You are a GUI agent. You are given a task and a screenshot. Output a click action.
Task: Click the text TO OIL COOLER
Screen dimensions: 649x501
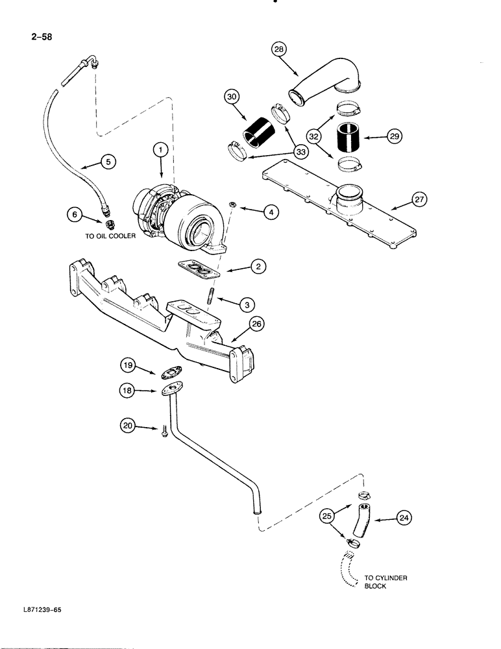[x=112, y=236]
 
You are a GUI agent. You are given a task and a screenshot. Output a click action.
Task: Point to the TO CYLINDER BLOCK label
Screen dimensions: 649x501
[x=384, y=582]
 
